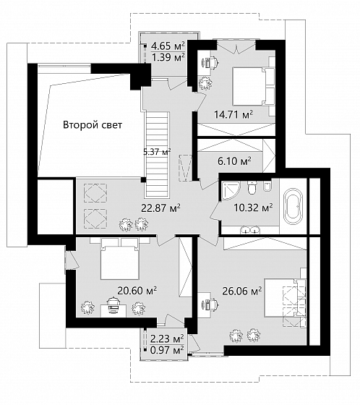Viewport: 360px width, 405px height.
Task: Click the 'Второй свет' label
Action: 93,125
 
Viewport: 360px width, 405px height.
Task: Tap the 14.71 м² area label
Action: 233,114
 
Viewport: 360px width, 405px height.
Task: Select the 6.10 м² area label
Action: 234,161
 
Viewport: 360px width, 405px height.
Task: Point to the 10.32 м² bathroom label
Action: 253,208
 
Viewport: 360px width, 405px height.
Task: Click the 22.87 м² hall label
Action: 160,208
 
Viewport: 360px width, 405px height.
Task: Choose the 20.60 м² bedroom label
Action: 137,291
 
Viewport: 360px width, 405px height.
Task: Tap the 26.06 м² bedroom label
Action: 242,291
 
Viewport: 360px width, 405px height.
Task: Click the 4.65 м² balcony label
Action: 168,46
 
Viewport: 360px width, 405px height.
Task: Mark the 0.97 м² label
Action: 167,350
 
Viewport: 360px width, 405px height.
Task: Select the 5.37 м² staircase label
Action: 157,152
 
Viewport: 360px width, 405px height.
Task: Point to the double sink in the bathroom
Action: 249,230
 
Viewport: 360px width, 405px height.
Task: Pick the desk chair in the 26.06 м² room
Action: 213,304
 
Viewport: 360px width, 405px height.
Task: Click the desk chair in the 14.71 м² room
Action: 213,62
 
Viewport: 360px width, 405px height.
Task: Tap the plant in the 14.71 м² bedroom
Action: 205,83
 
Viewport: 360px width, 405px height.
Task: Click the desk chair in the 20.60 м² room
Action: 113,302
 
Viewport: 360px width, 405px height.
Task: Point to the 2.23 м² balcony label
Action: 167,338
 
